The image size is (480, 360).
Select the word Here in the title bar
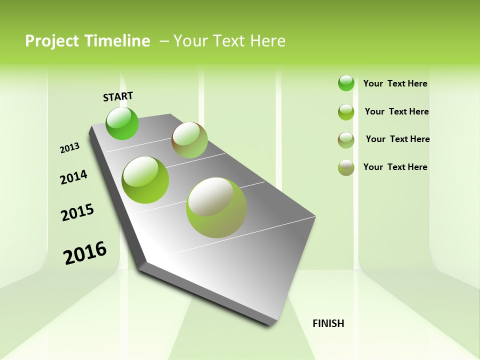pos(267,41)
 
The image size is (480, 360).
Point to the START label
pos(118,96)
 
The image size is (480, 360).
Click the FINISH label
pos(328,323)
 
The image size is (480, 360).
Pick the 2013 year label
pos(70,148)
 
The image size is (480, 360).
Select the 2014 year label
pos(74,177)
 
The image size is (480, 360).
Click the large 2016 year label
pos(85,253)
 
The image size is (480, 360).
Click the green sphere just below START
pos(122,123)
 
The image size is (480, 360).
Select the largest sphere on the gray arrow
pos(216,207)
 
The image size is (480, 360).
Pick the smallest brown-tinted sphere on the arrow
pos(189,140)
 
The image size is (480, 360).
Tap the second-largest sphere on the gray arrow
pos(145,180)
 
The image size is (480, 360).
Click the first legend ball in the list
pos(346,83)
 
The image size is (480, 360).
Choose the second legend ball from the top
pos(346,112)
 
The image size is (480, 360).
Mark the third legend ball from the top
pos(346,140)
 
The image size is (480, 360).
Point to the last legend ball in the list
pos(346,167)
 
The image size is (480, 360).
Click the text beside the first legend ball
pos(395,83)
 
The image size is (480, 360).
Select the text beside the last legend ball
pos(395,167)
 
